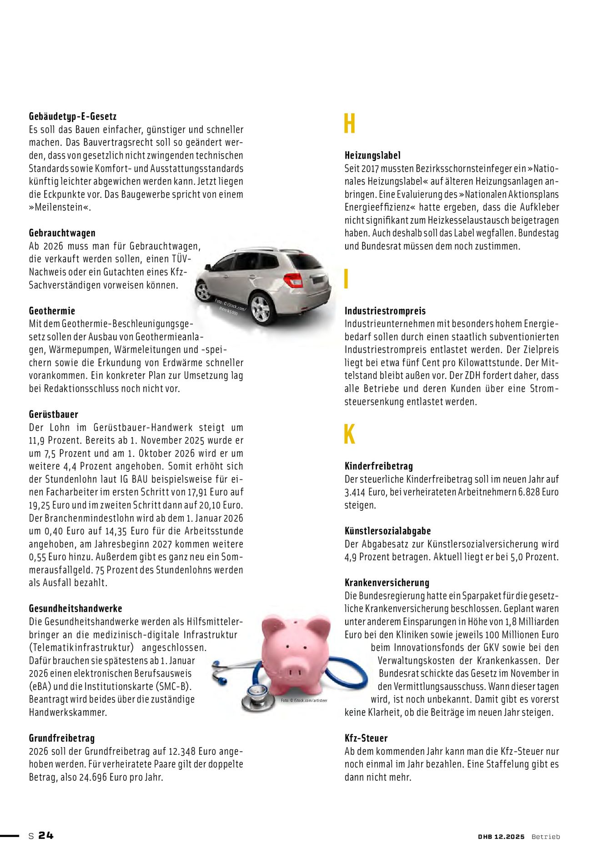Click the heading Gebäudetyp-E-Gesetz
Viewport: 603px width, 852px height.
(73, 116)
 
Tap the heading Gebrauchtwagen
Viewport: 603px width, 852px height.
(62, 233)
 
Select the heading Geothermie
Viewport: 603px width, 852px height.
(52, 311)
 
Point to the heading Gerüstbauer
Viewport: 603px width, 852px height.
(54, 414)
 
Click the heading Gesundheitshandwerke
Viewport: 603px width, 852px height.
(75, 608)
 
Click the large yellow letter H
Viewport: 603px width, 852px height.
(349, 124)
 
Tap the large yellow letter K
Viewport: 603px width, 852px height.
(349, 435)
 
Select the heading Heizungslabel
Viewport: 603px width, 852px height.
(372, 155)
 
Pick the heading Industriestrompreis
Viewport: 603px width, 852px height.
(385, 311)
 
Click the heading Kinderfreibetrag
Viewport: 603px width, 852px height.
(379, 466)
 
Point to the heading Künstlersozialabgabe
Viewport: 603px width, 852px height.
(387, 531)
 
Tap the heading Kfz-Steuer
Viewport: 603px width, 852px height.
(366, 738)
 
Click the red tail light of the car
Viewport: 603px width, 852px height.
(294, 280)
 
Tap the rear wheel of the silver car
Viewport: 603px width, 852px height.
(261, 309)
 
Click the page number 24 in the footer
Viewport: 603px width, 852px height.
(46, 835)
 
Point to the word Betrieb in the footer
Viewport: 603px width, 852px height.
(546, 837)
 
